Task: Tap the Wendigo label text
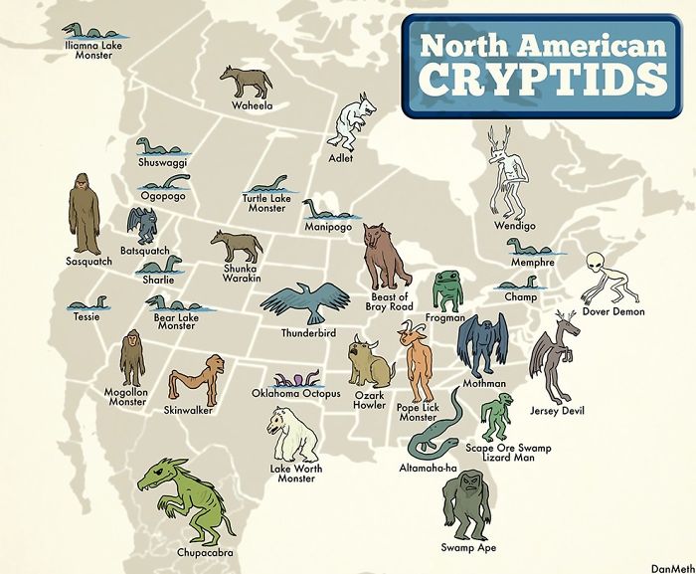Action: (x=514, y=226)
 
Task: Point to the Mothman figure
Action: (x=483, y=344)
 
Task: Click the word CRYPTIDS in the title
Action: (x=542, y=79)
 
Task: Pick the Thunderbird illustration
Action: (x=310, y=301)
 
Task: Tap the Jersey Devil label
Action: (x=557, y=410)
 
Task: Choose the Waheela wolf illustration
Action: (x=246, y=82)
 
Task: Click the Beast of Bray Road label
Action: (x=389, y=301)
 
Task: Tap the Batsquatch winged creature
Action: (x=143, y=226)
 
